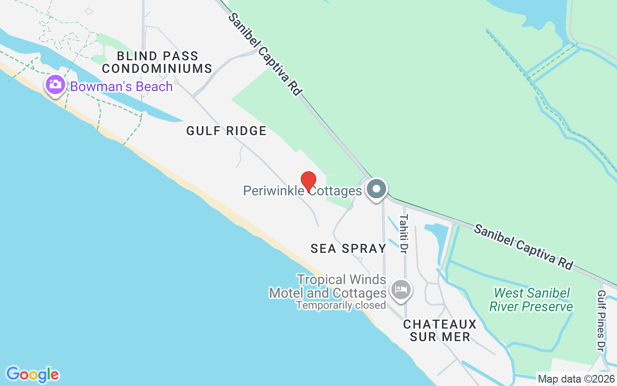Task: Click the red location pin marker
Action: (x=308, y=181)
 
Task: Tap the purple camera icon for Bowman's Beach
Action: (x=55, y=85)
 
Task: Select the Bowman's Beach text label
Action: (x=121, y=87)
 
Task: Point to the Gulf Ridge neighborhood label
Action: (x=227, y=130)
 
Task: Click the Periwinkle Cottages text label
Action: (x=302, y=191)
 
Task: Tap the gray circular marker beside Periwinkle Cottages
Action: (x=376, y=189)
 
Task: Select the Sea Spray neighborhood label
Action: (x=349, y=248)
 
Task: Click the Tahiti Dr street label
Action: (x=403, y=234)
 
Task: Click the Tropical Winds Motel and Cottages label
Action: (x=328, y=286)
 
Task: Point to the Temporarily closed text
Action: (x=341, y=305)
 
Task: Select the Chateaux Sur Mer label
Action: (x=440, y=330)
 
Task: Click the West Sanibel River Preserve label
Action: (x=531, y=299)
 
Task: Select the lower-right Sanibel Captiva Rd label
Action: (x=523, y=247)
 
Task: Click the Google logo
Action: (x=32, y=374)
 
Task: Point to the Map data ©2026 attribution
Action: (x=576, y=379)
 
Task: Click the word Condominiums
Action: (x=157, y=69)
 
